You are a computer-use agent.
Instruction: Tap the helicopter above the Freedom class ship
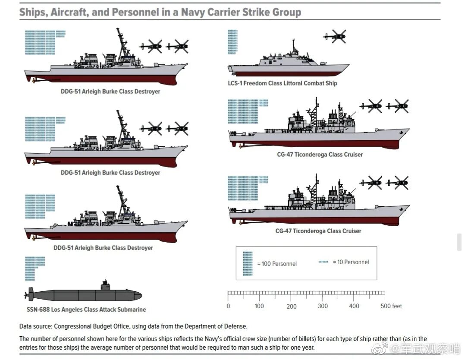(335, 37)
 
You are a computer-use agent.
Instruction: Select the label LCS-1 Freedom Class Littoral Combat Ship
(282, 83)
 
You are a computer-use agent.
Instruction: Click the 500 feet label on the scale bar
(391, 306)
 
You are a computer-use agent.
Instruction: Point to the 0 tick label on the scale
(228, 306)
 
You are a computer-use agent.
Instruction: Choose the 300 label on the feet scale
(323, 306)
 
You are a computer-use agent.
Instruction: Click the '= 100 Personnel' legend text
(277, 264)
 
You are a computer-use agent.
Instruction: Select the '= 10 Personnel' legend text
(351, 262)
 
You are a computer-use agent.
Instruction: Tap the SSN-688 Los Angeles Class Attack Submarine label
(86, 309)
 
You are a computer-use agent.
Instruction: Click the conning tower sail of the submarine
(105, 284)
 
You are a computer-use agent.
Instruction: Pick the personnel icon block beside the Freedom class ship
(232, 42)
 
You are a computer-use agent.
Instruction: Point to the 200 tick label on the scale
(292, 306)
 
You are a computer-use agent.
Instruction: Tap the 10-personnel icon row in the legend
(323, 262)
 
